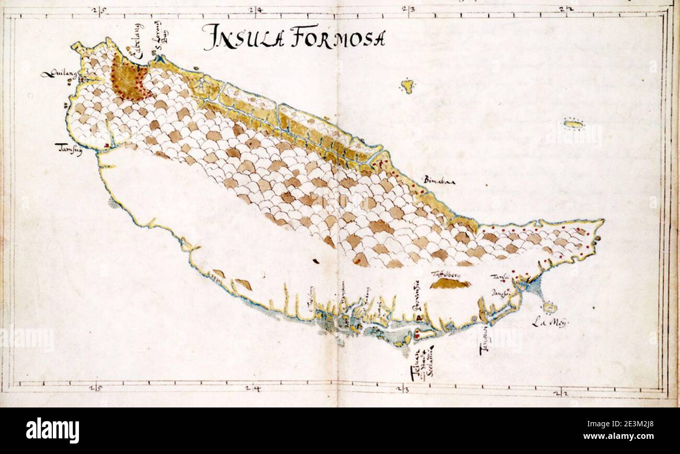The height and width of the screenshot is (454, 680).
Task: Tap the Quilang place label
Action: [x=58, y=75]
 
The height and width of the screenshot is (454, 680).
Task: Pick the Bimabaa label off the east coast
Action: [x=440, y=180]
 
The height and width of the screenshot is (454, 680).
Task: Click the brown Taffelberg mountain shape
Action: [x=449, y=284]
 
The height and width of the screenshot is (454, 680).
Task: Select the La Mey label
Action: [x=549, y=322]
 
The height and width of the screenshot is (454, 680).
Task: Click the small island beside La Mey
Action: [x=549, y=307]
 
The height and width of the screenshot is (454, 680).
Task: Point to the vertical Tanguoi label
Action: [x=484, y=342]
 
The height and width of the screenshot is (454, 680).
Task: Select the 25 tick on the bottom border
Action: [x=95, y=388]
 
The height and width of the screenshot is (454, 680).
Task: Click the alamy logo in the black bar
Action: [x=52, y=430]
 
